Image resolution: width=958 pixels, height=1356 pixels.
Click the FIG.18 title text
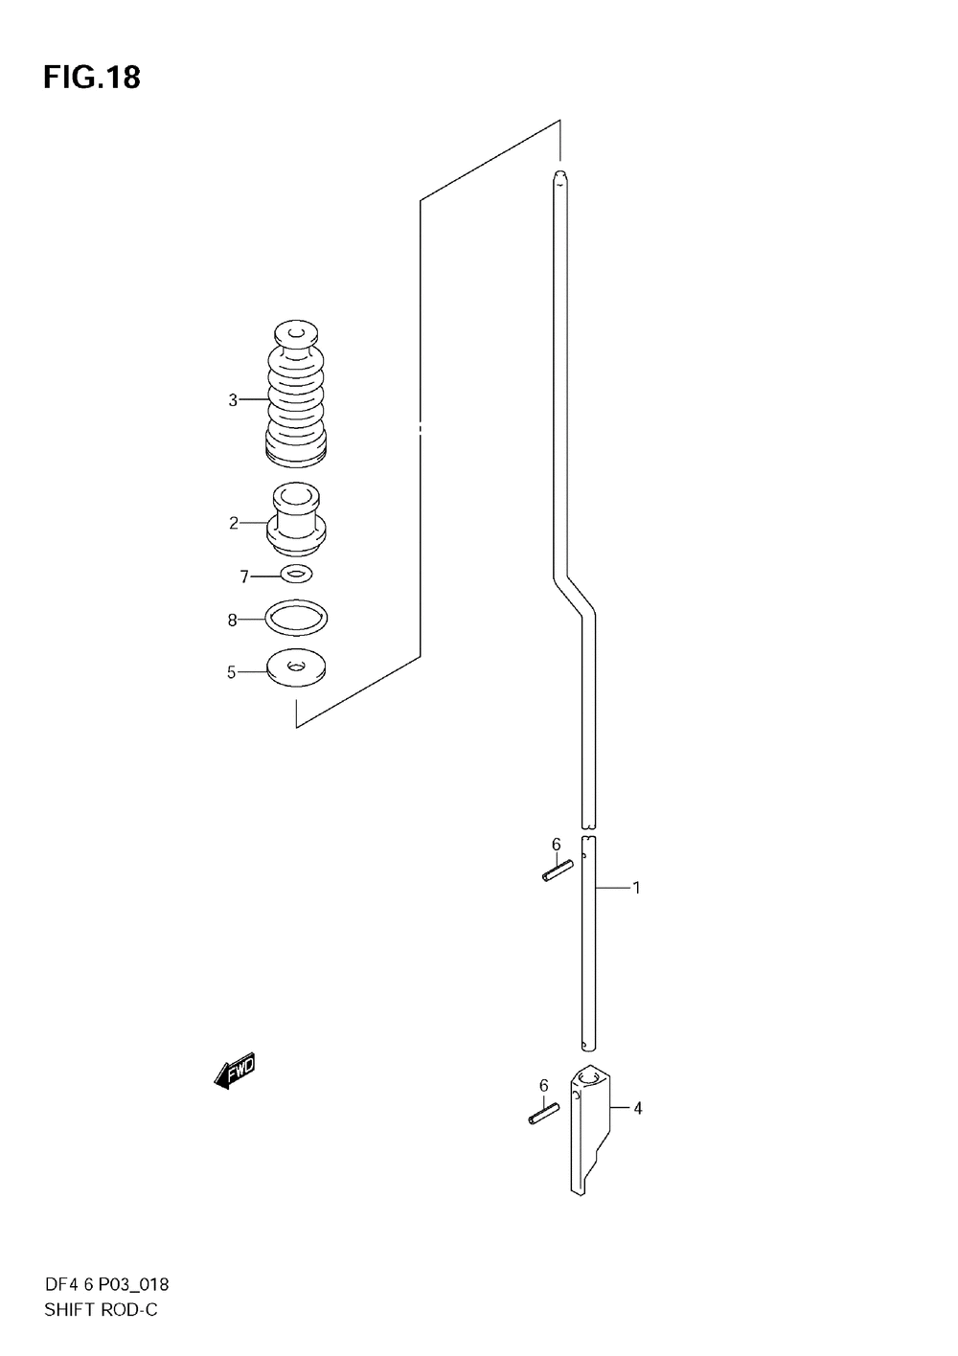[91, 78]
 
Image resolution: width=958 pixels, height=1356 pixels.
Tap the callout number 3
[233, 400]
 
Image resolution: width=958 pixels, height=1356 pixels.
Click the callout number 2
[233, 523]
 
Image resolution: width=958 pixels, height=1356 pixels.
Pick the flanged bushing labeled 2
[298, 522]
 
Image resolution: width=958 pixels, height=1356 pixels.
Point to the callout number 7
[244, 576]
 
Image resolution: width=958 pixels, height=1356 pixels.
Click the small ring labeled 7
[297, 574]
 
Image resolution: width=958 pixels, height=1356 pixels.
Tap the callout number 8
[232, 621]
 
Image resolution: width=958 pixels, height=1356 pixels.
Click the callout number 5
[231, 673]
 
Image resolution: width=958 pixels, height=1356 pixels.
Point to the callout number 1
[636, 889]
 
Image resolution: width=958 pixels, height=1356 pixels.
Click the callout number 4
[637, 1109]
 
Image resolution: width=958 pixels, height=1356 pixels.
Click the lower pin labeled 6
[543, 1115]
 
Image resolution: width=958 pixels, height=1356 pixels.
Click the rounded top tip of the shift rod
[560, 175]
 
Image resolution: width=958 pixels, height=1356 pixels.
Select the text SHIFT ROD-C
[100, 1310]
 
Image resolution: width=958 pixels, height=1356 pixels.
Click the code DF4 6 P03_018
[106, 1285]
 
